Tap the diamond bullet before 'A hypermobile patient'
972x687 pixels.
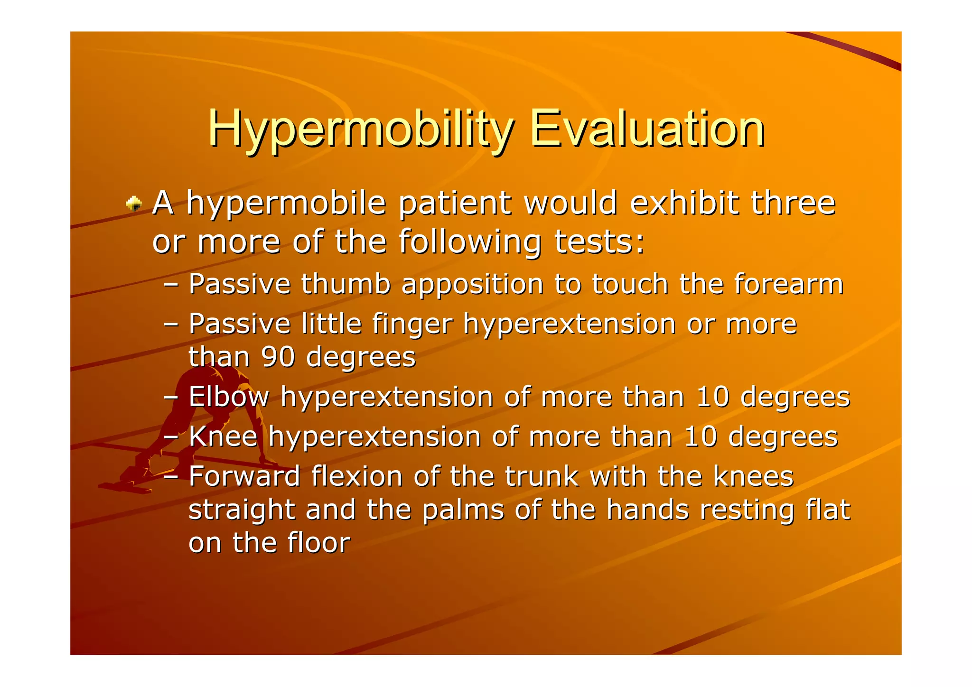[x=134, y=204]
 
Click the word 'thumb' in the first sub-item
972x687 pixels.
[x=346, y=284]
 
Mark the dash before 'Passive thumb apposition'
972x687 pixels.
[x=170, y=285]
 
